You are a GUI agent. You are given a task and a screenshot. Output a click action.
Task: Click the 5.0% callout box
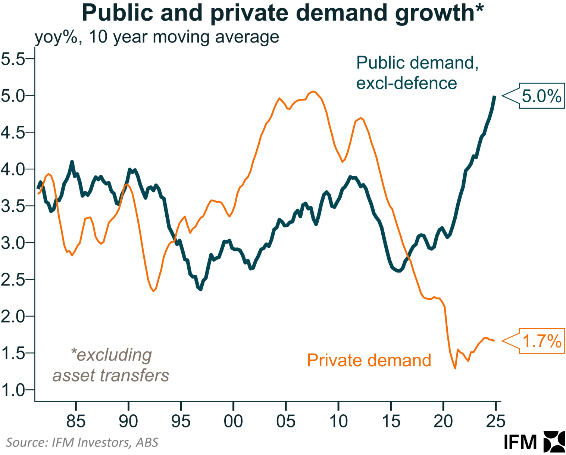[541, 96]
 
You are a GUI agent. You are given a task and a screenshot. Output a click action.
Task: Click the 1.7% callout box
[542, 341]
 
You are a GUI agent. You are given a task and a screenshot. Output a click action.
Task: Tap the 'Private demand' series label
[369, 360]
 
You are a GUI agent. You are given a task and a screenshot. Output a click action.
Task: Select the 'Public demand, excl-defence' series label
[417, 73]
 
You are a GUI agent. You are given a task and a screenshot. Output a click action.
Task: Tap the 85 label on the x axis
[76, 421]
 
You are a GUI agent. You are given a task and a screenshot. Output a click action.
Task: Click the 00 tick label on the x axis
[233, 421]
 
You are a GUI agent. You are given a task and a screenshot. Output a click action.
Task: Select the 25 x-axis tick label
[495, 421]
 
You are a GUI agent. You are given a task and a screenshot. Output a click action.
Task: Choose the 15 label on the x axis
[391, 421]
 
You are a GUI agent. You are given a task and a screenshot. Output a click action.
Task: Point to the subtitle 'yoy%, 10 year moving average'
[157, 37]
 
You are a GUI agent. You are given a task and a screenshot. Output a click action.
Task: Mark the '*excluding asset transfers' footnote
[111, 365]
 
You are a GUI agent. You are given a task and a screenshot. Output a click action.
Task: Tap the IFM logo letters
[520, 442]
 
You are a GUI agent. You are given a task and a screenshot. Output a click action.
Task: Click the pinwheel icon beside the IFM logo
[554, 442]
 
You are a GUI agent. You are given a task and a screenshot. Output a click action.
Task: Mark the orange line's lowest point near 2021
[455, 368]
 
